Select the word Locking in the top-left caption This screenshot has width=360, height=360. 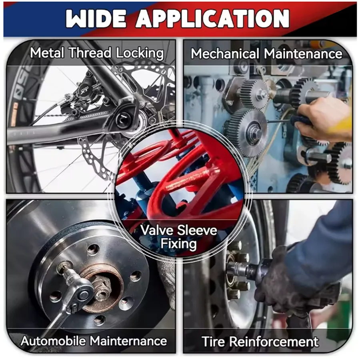pyautogui.click(x=140, y=54)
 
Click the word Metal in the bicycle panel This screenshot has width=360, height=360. pyautogui.click(x=47, y=53)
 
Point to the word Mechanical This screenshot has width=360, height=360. pyautogui.click(x=225, y=54)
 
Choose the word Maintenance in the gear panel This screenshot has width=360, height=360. pyautogui.click(x=303, y=54)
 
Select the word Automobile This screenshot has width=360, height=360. pyautogui.click(x=53, y=341)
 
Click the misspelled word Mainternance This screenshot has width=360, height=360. pyautogui.click(x=128, y=341)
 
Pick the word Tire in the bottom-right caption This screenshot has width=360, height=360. pyautogui.click(x=213, y=342)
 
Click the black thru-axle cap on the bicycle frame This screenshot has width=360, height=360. pyautogui.click(x=124, y=119)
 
